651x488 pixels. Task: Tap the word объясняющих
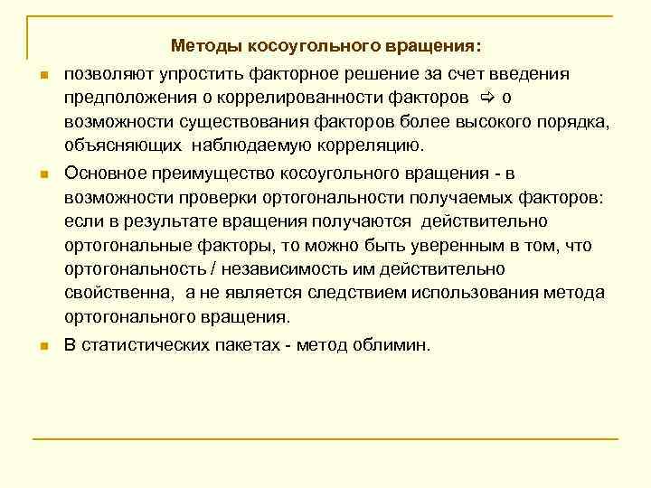pyautogui.click(x=116, y=145)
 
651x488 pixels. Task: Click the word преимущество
pyautogui.click(x=202, y=173)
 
